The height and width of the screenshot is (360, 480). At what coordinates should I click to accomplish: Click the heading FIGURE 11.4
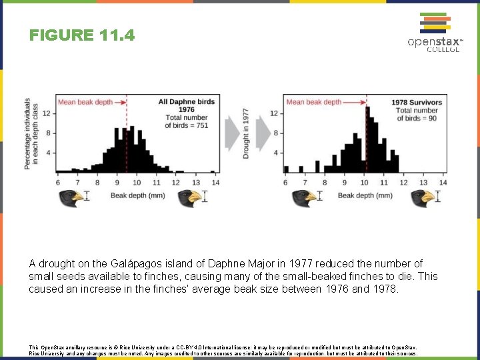[82, 35]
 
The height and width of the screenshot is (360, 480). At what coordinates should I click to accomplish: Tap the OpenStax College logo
[435, 33]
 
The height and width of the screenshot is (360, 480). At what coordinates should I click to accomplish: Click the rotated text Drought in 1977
[246, 133]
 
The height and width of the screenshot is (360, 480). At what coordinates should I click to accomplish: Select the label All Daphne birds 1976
[187, 105]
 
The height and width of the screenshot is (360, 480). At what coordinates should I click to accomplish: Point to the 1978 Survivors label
[417, 102]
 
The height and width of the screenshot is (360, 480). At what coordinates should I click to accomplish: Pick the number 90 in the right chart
[433, 118]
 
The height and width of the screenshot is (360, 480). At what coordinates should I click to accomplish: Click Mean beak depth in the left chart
[85, 102]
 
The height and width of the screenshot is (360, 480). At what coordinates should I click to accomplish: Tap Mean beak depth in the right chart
[313, 102]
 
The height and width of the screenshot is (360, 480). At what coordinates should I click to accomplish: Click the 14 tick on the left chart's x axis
[215, 182]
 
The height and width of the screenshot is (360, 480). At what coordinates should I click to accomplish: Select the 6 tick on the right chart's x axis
[285, 182]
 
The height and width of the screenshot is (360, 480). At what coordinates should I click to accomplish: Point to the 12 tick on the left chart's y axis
[47, 113]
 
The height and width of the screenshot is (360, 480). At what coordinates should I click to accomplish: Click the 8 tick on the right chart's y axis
[276, 133]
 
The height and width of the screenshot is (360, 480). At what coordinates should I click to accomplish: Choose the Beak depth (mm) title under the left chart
[137, 195]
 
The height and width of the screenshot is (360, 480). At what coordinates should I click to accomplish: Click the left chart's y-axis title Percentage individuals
[27, 133]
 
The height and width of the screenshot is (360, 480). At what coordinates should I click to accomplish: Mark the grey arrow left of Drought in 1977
[231, 133]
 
